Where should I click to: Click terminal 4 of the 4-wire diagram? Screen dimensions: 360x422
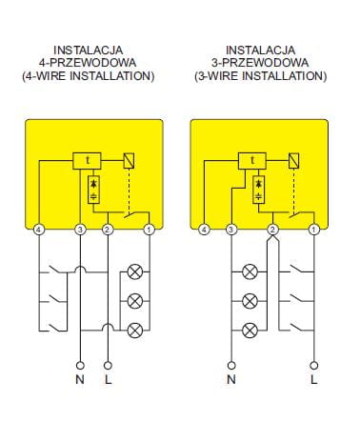(39, 230)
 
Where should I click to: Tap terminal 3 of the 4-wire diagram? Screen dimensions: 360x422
(80, 230)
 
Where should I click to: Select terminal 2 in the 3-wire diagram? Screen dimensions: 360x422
(272, 230)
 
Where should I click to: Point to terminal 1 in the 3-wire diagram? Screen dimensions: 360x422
(314, 230)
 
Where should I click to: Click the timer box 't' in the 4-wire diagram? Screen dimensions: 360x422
(88, 161)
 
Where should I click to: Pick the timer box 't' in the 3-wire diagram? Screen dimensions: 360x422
(252, 161)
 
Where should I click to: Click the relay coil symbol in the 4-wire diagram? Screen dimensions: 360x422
(129, 161)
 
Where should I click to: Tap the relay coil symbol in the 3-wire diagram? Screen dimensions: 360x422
(294, 161)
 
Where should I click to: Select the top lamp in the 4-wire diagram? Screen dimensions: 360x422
(135, 272)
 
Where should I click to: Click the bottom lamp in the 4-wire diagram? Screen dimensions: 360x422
(135, 331)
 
